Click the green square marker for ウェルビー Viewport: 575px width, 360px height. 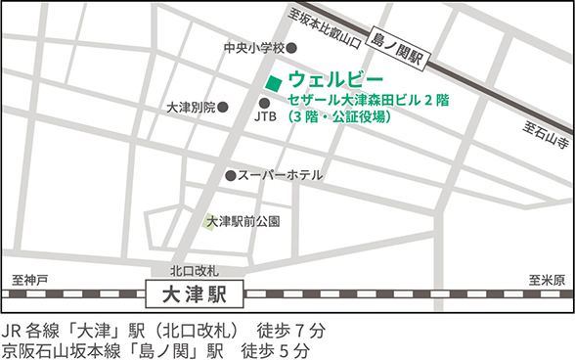[275, 81]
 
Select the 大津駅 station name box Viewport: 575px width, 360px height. [196, 292]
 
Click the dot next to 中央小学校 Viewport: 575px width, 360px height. [291, 47]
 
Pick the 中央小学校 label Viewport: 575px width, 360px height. [253, 47]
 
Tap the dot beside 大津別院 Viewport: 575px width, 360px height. [223, 107]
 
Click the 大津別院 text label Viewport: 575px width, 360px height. [192, 107]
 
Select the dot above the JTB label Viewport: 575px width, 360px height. [264, 103]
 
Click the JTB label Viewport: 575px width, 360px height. [265, 117]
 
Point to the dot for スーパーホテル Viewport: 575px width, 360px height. [231, 176]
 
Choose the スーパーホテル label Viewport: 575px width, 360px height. [280, 176]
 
